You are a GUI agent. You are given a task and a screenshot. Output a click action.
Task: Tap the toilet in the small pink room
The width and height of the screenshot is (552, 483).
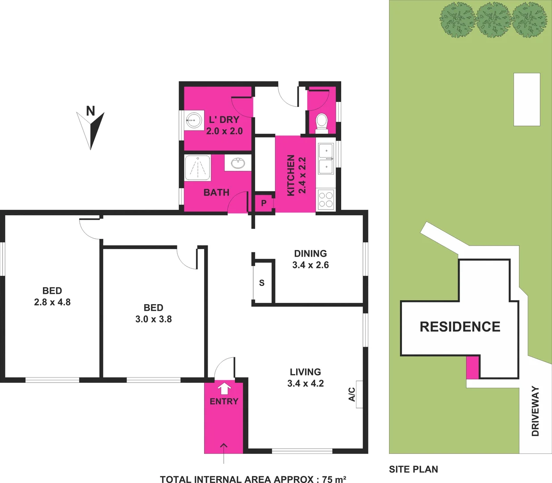point(322,122)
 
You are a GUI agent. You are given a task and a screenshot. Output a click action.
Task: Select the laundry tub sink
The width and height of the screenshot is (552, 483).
point(193,119)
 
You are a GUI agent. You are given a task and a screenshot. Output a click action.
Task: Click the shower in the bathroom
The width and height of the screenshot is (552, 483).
point(197,168)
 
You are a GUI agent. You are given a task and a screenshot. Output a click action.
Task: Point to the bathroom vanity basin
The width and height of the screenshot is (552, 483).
point(238,163)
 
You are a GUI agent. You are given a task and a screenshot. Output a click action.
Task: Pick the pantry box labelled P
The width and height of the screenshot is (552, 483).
point(264,203)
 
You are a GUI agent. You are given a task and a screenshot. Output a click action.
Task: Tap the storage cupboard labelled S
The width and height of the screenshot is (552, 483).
point(262,283)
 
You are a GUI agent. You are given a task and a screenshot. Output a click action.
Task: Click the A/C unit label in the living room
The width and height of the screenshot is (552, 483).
point(352,394)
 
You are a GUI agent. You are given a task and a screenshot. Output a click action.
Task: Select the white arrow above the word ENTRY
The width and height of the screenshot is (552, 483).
point(224,387)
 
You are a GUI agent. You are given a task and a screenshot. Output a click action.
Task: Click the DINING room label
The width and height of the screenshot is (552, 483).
point(310,254)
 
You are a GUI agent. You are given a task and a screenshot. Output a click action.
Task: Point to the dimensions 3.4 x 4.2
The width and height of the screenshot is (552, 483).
point(305,383)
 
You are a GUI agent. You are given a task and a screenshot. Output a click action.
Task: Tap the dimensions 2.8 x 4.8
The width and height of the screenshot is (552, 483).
point(52,302)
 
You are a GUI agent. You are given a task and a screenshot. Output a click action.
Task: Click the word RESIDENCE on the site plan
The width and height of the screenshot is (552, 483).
point(460,327)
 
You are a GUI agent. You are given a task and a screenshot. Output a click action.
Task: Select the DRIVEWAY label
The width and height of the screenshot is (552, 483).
point(535,411)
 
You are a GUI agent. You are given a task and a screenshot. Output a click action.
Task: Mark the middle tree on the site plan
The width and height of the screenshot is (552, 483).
point(493,20)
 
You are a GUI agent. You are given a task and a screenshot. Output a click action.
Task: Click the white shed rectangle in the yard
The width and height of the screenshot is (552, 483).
point(527,99)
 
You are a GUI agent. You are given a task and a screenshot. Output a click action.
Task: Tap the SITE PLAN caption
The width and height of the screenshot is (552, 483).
point(413,469)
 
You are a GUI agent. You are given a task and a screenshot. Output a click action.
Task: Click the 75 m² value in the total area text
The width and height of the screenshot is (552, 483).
point(334,479)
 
